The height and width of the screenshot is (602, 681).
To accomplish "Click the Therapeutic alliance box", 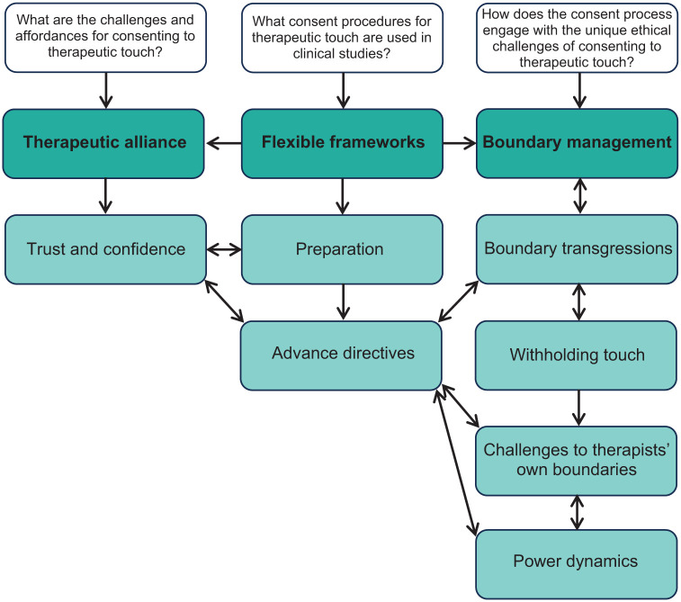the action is click(x=103, y=143).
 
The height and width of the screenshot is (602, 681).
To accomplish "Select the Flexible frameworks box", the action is click(x=342, y=143).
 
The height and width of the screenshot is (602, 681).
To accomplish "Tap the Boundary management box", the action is click(x=578, y=143).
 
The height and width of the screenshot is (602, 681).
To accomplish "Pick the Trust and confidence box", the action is click(x=105, y=249).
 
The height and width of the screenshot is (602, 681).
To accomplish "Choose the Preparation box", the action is click(x=342, y=249).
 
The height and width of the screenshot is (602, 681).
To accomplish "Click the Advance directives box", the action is click(x=341, y=355).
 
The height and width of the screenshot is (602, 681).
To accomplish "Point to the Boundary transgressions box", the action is click(x=578, y=249).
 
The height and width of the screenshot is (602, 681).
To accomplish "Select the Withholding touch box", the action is click(x=576, y=355).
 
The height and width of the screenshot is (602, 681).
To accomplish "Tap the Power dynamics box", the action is click(x=577, y=564).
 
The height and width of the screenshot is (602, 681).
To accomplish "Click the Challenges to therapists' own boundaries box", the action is click(x=577, y=461).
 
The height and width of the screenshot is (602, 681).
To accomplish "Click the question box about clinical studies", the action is click(x=342, y=38).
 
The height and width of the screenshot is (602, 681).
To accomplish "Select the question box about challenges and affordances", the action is click(x=105, y=38).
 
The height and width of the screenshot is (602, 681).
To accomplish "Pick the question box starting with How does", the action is click(x=578, y=38).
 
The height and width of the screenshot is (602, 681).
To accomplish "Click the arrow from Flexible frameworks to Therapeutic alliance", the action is click(x=224, y=143).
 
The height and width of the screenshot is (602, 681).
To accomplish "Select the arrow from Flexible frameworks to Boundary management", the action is click(x=460, y=143).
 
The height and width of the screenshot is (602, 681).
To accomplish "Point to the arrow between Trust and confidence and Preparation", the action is click(x=224, y=249).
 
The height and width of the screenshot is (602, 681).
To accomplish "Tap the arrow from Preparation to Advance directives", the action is click(x=343, y=302).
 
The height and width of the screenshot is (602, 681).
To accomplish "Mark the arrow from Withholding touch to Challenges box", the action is click(x=578, y=408).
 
